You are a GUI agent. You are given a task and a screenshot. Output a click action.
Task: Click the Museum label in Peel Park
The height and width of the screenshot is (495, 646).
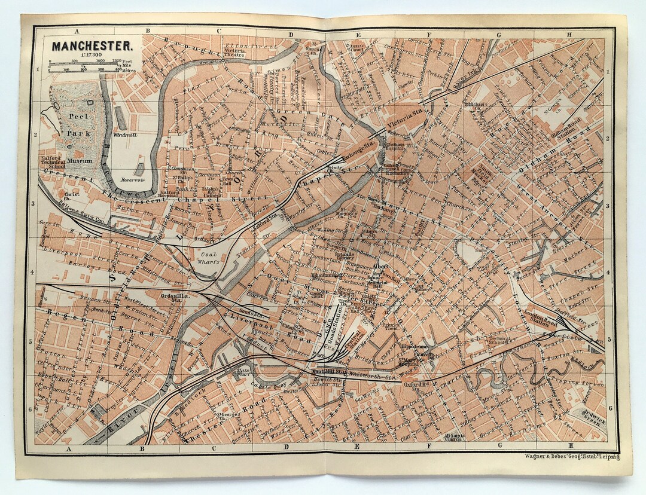tap(79, 161)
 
